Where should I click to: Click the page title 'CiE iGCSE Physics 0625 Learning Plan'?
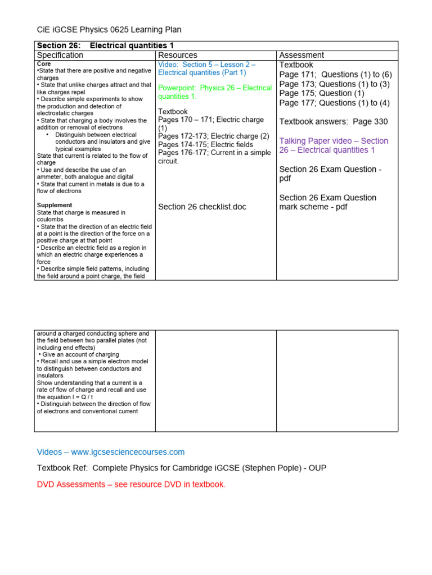coord(109,30)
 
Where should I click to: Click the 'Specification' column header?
coord(60,55)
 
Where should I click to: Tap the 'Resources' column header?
coord(178,55)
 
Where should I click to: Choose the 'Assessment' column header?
coord(301,55)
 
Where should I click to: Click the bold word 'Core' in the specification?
coord(44,64)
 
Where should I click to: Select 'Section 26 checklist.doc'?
coord(202,207)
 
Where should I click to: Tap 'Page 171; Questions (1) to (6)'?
coord(336,74)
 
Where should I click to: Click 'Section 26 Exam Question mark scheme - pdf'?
coord(328,202)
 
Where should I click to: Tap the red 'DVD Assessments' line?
coord(131,485)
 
